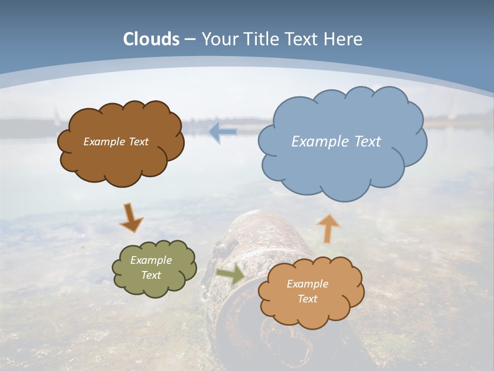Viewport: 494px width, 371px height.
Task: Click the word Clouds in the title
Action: [x=151, y=39]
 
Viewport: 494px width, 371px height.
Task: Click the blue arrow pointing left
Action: [x=223, y=132]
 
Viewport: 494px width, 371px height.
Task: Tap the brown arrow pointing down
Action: [x=131, y=218]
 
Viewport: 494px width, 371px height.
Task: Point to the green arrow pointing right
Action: [x=231, y=275]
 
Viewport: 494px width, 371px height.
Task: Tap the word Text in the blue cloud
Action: [x=367, y=142]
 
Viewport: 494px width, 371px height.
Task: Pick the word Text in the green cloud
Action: [x=151, y=275]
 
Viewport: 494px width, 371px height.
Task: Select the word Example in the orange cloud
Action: [x=307, y=284]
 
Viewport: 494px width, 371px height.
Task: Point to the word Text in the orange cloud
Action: [x=307, y=299]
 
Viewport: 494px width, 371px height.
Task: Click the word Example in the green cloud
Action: [x=151, y=260]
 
